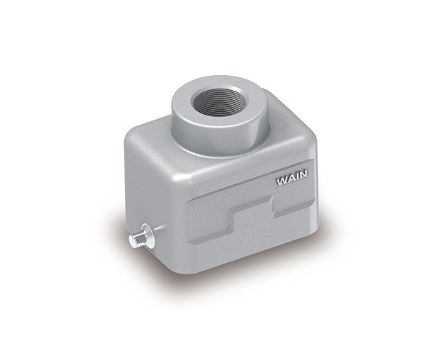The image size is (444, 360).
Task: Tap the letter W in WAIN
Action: (281, 181)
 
